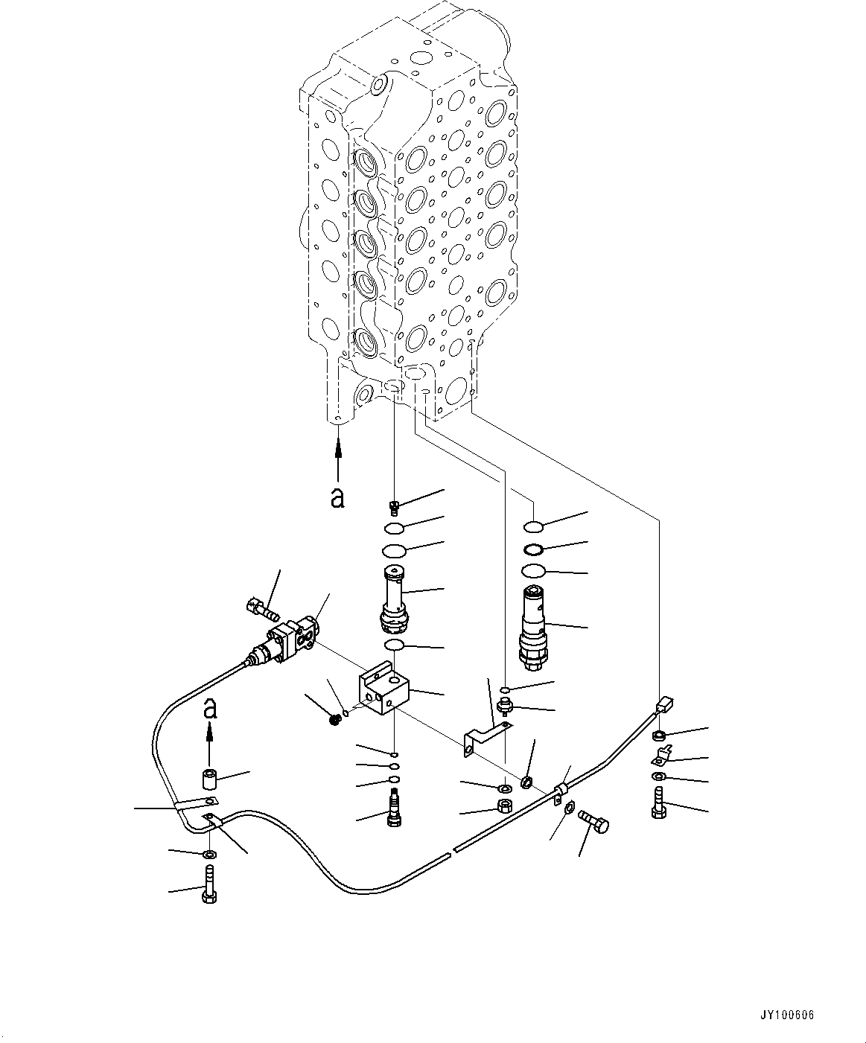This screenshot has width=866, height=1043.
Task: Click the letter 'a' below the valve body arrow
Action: coord(337,498)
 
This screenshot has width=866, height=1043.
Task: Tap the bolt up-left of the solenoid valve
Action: coord(260,609)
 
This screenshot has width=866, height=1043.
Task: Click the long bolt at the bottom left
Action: coord(208,883)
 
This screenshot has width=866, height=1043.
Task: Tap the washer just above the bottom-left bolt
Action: coord(209,854)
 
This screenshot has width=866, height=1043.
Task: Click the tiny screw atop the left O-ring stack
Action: coord(395,508)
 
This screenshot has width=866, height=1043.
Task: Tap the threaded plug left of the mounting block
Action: coord(336,719)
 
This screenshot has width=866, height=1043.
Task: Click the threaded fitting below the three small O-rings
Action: coord(394,811)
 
